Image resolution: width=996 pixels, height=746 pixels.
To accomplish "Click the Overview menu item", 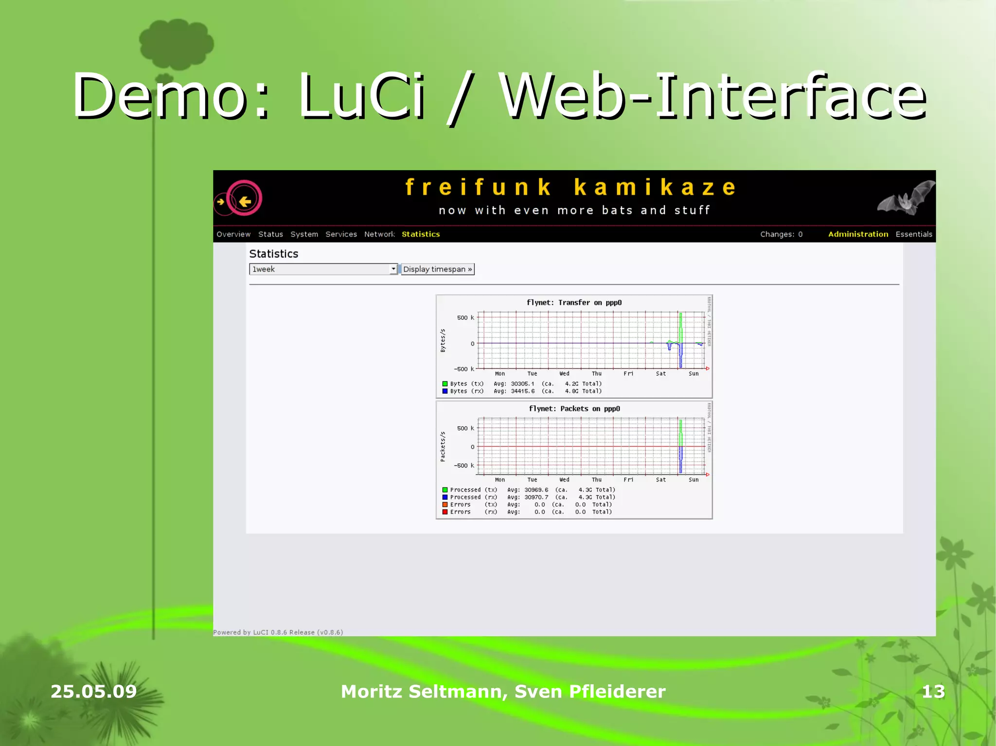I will [x=233, y=234].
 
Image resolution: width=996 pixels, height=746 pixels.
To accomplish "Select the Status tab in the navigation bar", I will [x=270, y=234].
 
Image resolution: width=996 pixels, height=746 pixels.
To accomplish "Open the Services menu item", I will [x=341, y=234].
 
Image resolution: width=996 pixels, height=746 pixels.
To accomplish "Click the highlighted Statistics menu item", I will [x=421, y=234].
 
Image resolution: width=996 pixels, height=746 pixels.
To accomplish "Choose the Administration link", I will [x=858, y=234].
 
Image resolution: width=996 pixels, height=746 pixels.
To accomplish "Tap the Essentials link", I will [x=914, y=234].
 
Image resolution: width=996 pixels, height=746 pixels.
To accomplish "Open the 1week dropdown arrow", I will [x=393, y=269].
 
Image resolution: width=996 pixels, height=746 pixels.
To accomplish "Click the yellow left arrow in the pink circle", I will [x=245, y=201].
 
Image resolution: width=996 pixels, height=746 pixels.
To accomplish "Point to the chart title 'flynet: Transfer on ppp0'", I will [x=574, y=303].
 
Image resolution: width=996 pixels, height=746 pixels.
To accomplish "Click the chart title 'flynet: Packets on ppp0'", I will [x=574, y=409].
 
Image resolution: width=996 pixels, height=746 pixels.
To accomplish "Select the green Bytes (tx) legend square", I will [x=445, y=384].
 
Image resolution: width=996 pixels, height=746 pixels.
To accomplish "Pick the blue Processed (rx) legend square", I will [x=445, y=497].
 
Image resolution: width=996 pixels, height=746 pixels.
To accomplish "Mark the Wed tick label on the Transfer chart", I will [x=564, y=374].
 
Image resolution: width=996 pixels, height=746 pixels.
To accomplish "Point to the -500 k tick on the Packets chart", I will [x=463, y=466].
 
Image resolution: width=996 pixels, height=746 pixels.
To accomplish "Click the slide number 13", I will [x=933, y=692].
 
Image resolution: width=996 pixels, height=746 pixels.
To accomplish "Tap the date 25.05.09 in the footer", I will [x=94, y=692].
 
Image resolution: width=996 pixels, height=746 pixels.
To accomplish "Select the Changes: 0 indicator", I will [x=781, y=234].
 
